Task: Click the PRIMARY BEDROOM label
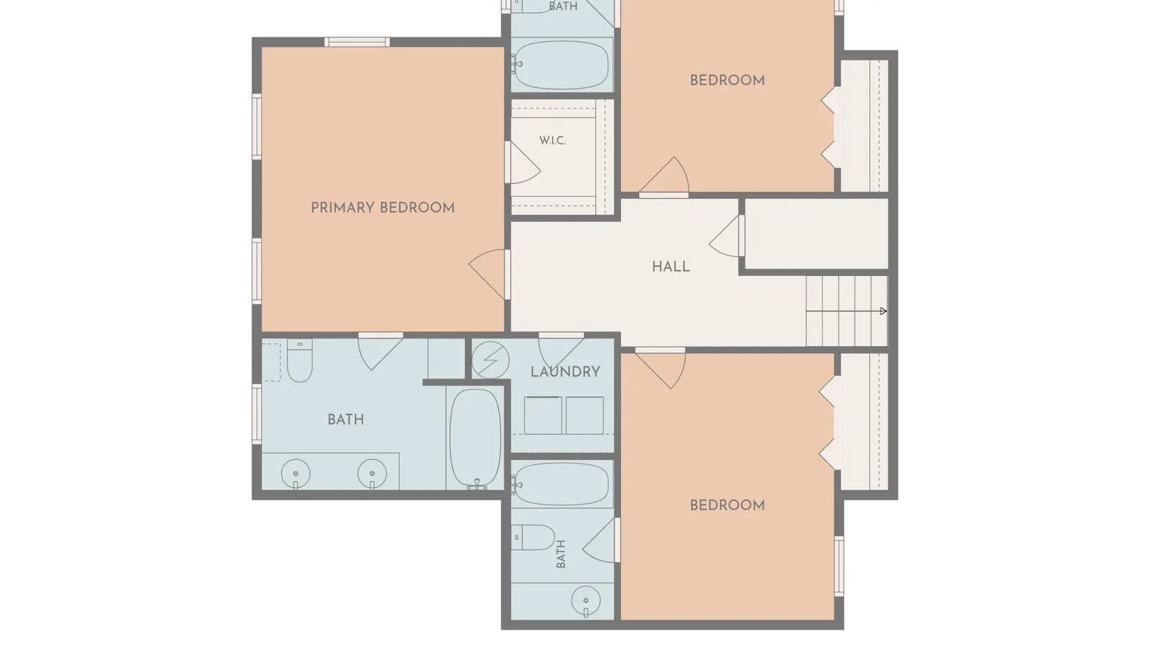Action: (x=383, y=208)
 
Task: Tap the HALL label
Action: (x=671, y=267)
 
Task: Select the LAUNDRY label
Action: (x=565, y=372)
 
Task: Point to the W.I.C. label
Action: (x=553, y=141)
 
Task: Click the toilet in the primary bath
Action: (x=300, y=360)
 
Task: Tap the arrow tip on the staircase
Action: (x=883, y=311)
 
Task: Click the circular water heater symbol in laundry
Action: (x=490, y=360)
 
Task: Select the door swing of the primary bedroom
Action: (x=488, y=274)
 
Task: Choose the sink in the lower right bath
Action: (x=586, y=600)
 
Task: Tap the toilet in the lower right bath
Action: (x=533, y=538)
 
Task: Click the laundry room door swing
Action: (x=561, y=352)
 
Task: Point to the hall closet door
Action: (x=726, y=236)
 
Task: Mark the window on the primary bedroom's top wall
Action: (x=356, y=42)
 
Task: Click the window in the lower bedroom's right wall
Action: (x=838, y=566)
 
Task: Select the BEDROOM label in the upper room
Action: (x=727, y=81)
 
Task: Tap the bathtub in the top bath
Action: (x=561, y=65)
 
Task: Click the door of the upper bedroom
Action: (x=664, y=176)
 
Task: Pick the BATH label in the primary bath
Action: (x=346, y=420)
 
